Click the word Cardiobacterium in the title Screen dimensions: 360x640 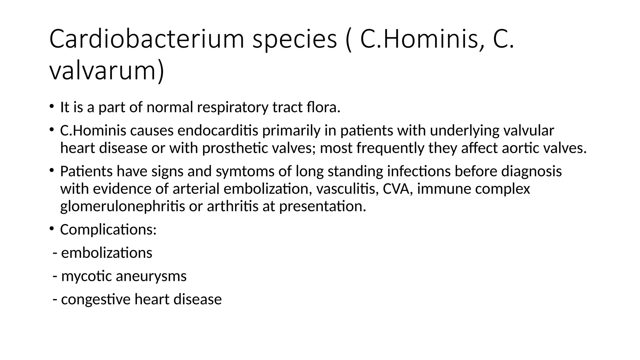coord(146,39)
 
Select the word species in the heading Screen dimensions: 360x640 coord(295,39)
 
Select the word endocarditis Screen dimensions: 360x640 coord(218,131)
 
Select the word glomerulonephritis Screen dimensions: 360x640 coord(122,207)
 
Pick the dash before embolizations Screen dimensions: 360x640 coord(55,253)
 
